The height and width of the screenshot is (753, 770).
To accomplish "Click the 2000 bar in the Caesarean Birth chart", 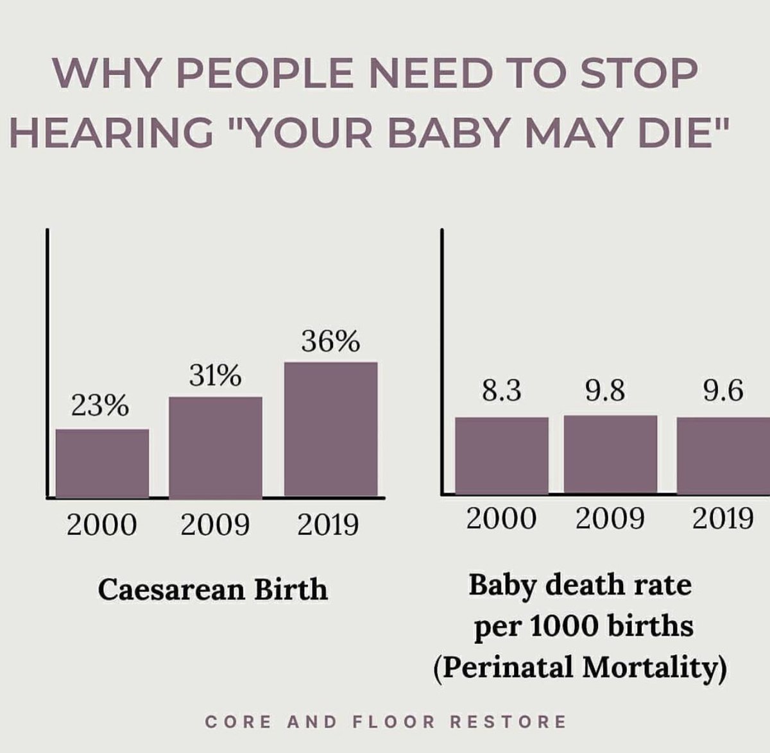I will pyautogui.click(x=102, y=463).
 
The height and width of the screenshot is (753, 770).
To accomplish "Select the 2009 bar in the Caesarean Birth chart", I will pyautogui.click(x=216, y=447).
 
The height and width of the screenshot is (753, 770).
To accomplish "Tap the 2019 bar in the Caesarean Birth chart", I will pyautogui.click(x=330, y=430).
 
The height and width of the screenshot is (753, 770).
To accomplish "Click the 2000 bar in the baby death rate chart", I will pyautogui.click(x=502, y=455).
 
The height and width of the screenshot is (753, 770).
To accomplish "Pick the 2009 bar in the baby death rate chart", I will pyautogui.click(x=610, y=454).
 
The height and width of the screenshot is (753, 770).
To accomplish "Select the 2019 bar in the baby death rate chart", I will pyautogui.click(x=724, y=455).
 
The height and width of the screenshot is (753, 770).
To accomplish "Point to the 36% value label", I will pyautogui.click(x=330, y=343).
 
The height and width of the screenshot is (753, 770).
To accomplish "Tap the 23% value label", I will pyautogui.click(x=100, y=407).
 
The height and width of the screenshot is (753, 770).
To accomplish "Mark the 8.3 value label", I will pyautogui.click(x=502, y=391).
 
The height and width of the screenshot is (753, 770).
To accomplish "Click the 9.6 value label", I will pyautogui.click(x=723, y=391).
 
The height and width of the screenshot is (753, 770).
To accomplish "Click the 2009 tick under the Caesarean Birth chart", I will pyautogui.click(x=215, y=525).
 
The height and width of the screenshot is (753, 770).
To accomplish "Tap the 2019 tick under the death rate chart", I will pyautogui.click(x=723, y=518).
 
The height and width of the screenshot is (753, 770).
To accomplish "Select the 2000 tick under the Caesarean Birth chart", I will pyautogui.click(x=101, y=525).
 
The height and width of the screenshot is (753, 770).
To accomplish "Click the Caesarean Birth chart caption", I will pyautogui.click(x=213, y=589).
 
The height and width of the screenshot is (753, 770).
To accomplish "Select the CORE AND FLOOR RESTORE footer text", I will pyautogui.click(x=386, y=722).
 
